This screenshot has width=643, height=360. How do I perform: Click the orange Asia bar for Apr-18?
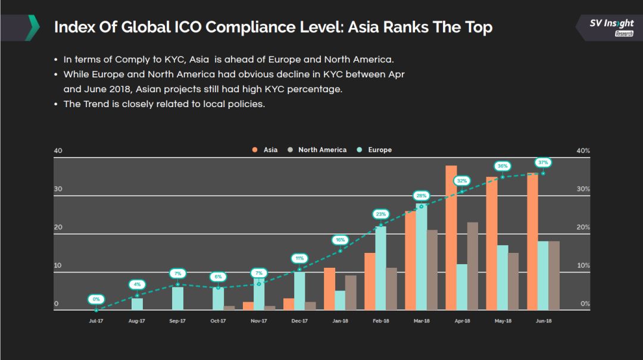[451, 238]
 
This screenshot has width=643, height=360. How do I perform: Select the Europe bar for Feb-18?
[380, 268]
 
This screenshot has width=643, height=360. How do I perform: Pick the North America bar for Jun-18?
[554, 275]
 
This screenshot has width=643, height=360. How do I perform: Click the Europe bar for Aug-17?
[137, 304]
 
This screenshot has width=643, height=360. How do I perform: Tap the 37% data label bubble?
[543, 162]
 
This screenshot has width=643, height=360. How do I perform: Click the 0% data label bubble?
[96, 299]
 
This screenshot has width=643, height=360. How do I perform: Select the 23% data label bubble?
[380, 214]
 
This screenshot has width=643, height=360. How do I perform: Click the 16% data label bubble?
[340, 240]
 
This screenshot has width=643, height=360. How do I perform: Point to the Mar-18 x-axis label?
[422, 321]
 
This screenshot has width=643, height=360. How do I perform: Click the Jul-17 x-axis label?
[96, 321]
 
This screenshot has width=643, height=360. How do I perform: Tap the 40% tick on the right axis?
[583, 151]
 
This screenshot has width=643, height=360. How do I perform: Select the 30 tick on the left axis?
[58, 189]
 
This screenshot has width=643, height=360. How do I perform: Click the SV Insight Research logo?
[611, 27]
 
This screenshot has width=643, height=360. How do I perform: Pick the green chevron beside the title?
[34, 27]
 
